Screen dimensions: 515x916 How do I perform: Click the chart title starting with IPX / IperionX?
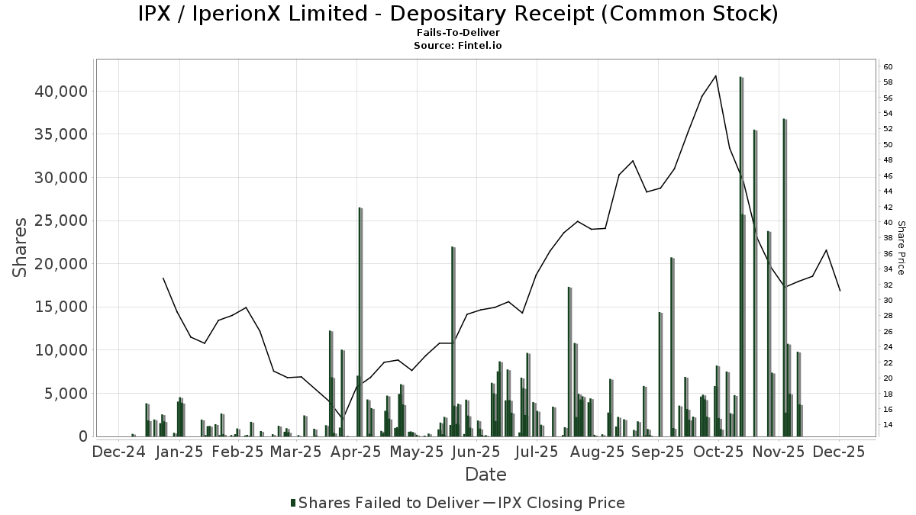458,14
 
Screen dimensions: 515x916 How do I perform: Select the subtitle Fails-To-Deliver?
458,34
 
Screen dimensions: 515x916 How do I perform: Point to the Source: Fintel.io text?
458,46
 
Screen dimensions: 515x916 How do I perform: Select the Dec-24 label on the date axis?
118,452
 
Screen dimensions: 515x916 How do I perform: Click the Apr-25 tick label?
356,452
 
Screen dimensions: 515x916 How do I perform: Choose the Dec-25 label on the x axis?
838,452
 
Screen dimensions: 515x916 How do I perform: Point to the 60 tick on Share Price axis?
888,67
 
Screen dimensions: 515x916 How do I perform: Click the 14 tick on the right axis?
888,424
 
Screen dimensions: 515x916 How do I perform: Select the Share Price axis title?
901,248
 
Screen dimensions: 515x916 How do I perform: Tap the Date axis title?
485,475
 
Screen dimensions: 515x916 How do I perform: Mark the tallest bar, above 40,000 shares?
741,256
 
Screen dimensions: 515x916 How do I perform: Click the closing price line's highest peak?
715,76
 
